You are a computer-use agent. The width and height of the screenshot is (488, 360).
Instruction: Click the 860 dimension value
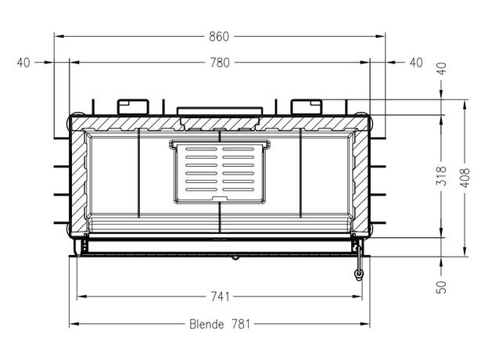coord(219,37)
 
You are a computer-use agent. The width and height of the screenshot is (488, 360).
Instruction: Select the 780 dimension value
coord(220,63)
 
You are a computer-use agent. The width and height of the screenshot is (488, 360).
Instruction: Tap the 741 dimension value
coord(220,297)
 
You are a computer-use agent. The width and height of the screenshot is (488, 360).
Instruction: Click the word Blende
coord(206,324)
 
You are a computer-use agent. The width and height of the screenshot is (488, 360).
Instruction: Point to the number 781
coord(241,324)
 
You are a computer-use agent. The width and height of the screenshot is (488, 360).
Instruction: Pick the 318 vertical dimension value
coord(442,176)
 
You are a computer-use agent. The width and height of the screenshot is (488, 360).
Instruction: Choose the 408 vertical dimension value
coord(465,178)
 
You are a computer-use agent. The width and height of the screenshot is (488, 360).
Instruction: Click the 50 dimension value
coord(442,287)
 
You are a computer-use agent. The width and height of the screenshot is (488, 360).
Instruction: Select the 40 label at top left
coord(23,63)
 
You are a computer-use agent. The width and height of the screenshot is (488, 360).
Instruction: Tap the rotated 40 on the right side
coord(442,68)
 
